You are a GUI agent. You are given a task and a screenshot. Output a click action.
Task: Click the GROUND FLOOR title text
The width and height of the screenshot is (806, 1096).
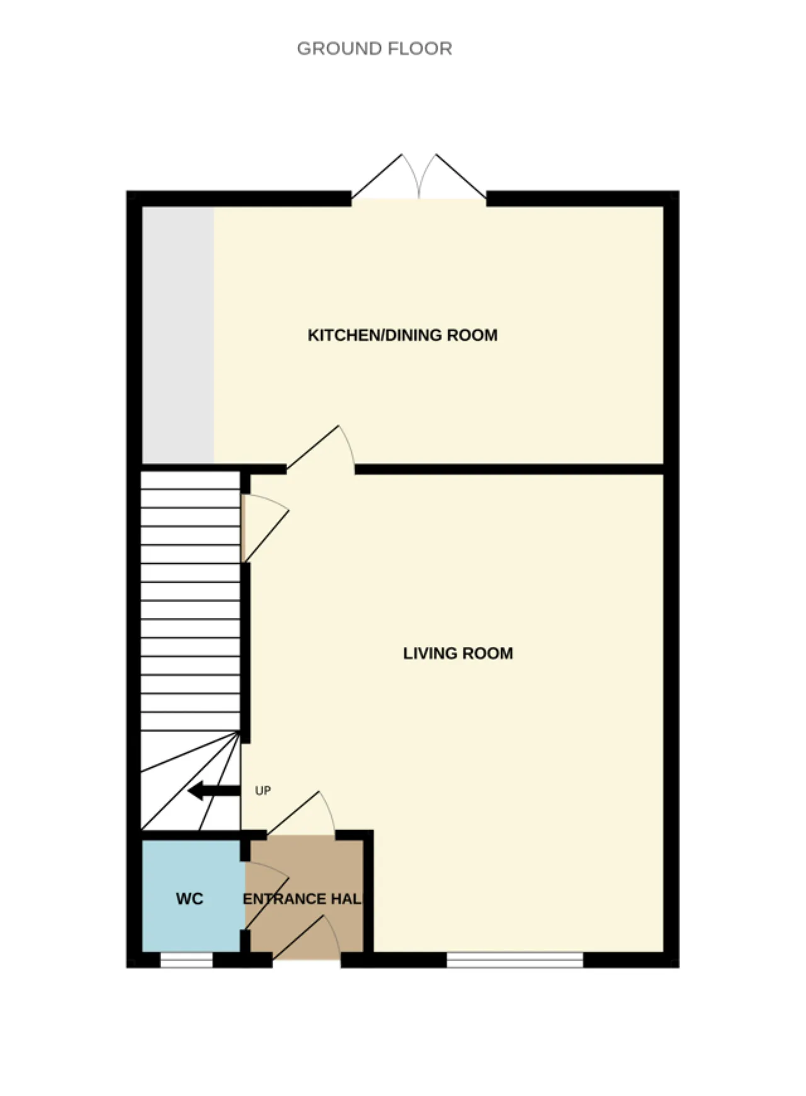pyautogui.click(x=374, y=49)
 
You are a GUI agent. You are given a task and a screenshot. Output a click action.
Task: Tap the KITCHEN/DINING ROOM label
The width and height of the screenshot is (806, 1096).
pyautogui.click(x=402, y=335)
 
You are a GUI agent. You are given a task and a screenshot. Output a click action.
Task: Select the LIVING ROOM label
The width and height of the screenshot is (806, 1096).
pyautogui.click(x=458, y=653)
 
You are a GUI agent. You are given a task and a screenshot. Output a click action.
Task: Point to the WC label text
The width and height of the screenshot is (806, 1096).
pyautogui.click(x=190, y=899)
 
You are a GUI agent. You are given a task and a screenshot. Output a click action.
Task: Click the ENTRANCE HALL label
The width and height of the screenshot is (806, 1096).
pyautogui.click(x=303, y=899)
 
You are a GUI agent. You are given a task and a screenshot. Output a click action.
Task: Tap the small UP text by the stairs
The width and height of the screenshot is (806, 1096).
pyautogui.click(x=263, y=791)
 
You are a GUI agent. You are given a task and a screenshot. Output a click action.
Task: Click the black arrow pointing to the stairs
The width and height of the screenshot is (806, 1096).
pyautogui.click(x=214, y=791)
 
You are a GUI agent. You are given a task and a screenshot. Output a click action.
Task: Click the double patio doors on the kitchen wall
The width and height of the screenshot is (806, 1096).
pyautogui.click(x=419, y=177)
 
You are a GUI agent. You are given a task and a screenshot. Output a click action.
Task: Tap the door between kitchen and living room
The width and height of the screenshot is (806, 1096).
pyautogui.click(x=321, y=448)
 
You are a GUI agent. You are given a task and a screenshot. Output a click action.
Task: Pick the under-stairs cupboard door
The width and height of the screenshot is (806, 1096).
pyautogui.click(x=265, y=528)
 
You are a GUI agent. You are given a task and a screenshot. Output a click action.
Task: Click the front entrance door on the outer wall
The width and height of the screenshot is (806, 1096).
pyautogui.click(x=307, y=938)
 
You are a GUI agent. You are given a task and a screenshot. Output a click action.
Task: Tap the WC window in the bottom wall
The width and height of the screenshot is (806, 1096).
pyautogui.click(x=186, y=960)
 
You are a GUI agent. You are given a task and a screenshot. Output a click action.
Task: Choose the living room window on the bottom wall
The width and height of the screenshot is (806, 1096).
pyautogui.click(x=515, y=960)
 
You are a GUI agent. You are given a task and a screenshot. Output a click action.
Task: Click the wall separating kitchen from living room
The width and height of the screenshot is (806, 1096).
pyautogui.click(x=510, y=469)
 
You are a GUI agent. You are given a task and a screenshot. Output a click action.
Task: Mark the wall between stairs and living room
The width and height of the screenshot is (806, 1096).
pyautogui.click(x=246, y=653)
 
